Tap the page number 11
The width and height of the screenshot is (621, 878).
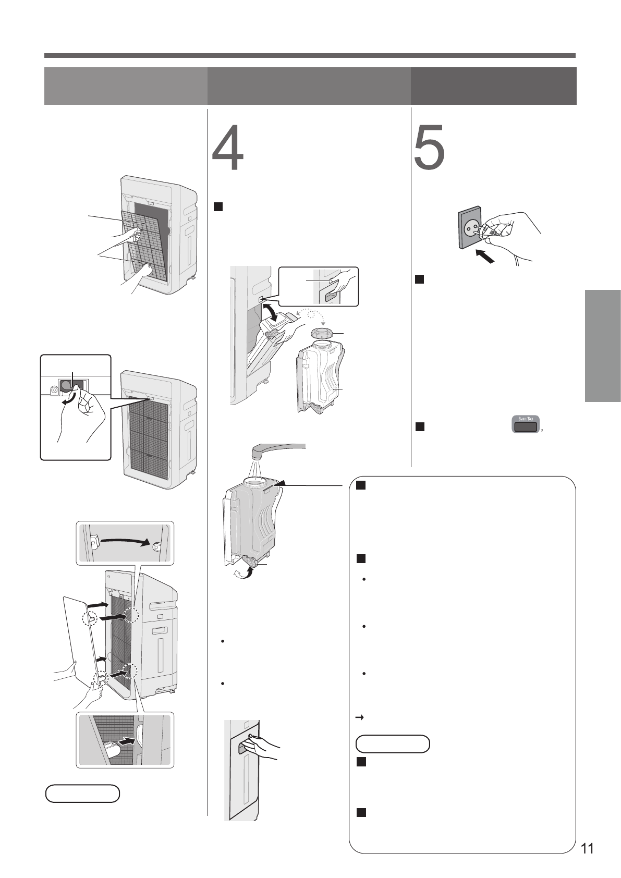[587, 848]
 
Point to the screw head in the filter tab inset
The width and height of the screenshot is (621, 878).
[54, 389]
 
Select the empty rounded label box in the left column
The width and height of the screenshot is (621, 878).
[82, 793]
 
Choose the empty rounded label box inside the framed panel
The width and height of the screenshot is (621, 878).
[393, 744]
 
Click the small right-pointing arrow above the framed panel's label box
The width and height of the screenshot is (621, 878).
[359, 718]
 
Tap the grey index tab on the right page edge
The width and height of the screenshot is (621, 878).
[603, 346]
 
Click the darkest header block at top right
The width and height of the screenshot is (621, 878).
[493, 86]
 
